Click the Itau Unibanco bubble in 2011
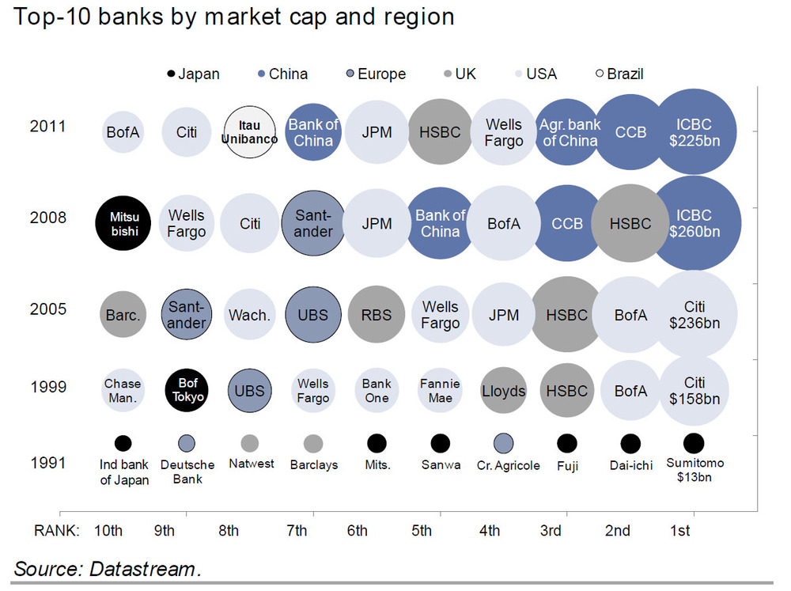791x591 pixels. pos(250,132)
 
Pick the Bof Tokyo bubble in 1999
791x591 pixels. pos(187,392)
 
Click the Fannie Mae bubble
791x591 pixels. pos(440,392)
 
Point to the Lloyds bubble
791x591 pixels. pos(503,392)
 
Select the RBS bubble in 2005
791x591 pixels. pos(377,315)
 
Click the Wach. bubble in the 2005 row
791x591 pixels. pos(250,315)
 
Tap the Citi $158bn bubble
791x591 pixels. pos(694,392)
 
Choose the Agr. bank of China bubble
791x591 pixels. pos(569,132)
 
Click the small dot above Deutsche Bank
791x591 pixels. pos(187,443)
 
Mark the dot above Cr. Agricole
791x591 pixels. pos(503,443)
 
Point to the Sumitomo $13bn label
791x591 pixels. pos(694,470)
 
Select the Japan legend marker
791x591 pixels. pos(171,74)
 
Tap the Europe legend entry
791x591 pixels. pos(374,74)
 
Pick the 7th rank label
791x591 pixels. pos(297,531)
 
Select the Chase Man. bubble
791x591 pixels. pos(123,392)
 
